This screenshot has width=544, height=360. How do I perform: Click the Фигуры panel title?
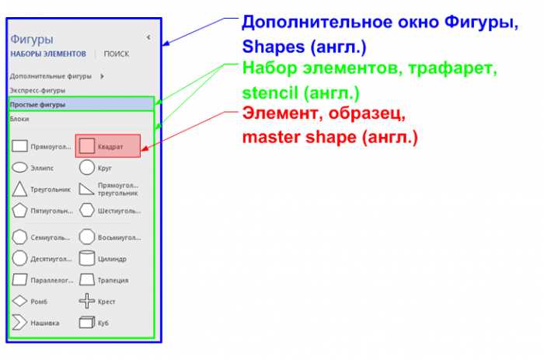pyautogui.click(x=32, y=40)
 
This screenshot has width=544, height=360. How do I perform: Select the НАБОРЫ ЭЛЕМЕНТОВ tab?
pyautogui.click(x=48, y=54)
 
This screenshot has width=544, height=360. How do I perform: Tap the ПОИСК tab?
pyautogui.click(x=117, y=54)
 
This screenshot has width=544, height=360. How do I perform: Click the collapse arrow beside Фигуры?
pyautogui.click(x=148, y=37)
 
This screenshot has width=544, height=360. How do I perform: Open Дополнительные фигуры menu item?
pyautogui.click(x=51, y=76)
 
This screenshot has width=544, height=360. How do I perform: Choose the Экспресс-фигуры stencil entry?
pyautogui.click(x=37, y=90)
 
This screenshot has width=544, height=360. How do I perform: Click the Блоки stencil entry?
pyautogui.click(x=19, y=119)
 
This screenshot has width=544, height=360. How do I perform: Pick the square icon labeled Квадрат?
pyautogui.click(x=86, y=146)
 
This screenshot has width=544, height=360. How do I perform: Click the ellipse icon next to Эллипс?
pyautogui.click(x=19, y=167)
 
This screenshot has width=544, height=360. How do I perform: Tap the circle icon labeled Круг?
pyautogui.click(x=87, y=167)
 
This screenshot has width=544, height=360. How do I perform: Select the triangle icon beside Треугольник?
pyautogui.click(x=19, y=189)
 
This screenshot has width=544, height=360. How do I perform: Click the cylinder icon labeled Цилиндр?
pyautogui.click(x=87, y=258)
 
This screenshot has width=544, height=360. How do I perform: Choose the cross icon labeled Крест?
pyautogui.click(x=87, y=301)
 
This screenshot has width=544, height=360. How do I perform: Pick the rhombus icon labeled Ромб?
pyautogui.click(x=19, y=301)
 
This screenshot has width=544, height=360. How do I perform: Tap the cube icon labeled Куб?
pyautogui.click(x=87, y=322)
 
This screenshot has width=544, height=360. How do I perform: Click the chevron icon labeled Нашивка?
pyautogui.click(x=19, y=322)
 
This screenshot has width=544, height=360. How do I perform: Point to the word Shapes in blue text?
pyautogui.click(x=274, y=47)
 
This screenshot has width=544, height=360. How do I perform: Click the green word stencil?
pyautogui.click(x=270, y=93)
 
